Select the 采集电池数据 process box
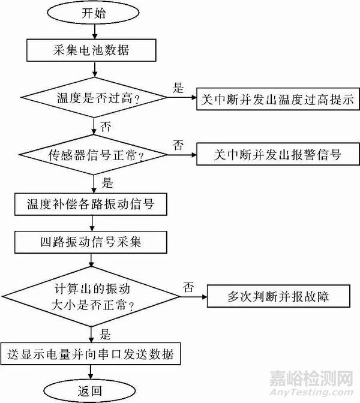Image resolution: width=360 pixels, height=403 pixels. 91,51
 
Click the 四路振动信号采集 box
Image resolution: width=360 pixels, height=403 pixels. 91,242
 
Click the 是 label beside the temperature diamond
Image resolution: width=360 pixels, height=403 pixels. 179,88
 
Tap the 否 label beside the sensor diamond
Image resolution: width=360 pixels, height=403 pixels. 179,145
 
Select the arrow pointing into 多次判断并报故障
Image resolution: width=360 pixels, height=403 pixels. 193,296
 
